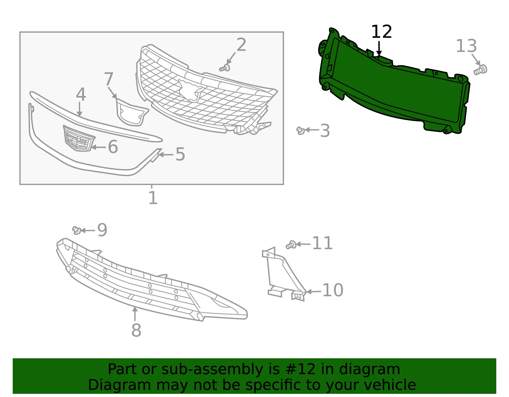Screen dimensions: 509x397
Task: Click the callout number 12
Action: pos(381,32)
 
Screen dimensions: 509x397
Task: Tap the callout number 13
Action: pos(466,46)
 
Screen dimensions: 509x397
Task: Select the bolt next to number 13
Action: pos(480,70)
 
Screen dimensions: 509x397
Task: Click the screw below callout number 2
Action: pos(224,68)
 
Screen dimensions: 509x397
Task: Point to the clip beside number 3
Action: pos(301,131)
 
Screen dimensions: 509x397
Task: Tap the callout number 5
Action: pos(180,154)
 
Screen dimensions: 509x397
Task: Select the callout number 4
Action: pos(81,94)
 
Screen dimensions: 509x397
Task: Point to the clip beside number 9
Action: pos(76,230)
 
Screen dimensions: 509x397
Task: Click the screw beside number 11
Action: pos(291,245)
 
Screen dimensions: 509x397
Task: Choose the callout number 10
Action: pos(333,290)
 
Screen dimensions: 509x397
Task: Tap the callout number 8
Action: pos(136,330)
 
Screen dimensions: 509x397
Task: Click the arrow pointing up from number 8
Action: pos(135,314)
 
